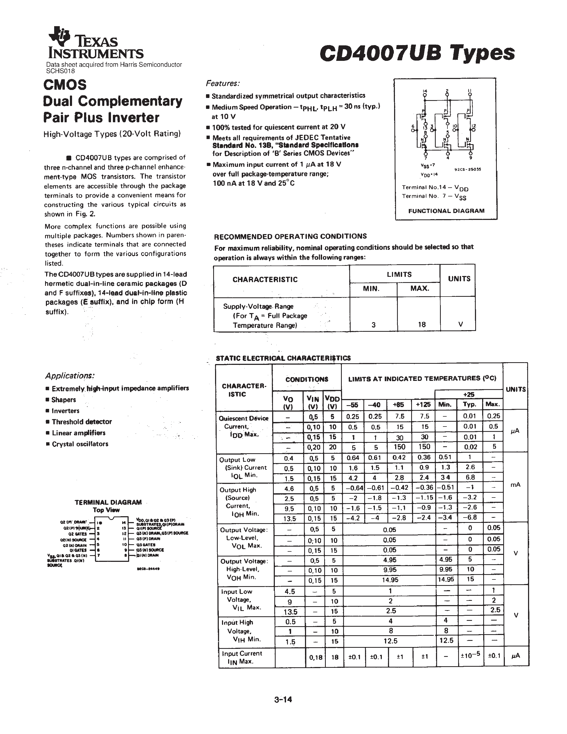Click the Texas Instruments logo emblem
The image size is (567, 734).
(60, 35)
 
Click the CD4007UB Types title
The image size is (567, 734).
(417, 53)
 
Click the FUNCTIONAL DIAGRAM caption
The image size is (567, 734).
(446, 211)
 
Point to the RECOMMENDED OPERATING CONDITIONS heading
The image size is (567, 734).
(290, 236)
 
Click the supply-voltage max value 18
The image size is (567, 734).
(422, 324)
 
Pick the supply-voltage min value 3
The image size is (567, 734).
(373, 325)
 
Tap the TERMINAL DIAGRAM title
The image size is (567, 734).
(108, 502)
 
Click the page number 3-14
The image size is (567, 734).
(283, 700)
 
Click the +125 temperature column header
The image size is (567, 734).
(424, 404)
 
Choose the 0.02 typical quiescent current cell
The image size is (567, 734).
(469, 447)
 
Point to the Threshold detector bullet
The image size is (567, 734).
(81, 422)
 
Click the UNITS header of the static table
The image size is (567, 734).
(515, 389)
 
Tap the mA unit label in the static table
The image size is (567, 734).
(515, 485)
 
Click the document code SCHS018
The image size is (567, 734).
(61, 71)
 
